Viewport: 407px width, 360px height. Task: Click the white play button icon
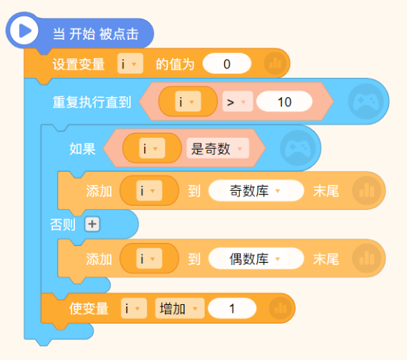(24, 31)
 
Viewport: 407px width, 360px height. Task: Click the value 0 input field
(227, 64)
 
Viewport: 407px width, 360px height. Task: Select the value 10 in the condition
(284, 101)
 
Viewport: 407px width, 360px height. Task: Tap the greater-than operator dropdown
(238, 101)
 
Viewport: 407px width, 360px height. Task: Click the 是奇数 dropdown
(218, 149)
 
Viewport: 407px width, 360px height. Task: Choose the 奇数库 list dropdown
(256, 191)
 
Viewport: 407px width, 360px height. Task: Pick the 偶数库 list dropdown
(256, 259)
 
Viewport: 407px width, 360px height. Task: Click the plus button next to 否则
(92, 224)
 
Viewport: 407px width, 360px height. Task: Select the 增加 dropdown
(180, 309)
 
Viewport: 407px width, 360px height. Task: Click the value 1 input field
(232, 309)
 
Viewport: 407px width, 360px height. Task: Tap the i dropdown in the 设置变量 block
(130, 64)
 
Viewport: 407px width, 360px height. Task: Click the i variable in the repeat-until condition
(188, 101)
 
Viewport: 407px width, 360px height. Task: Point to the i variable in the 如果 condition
(152, 149)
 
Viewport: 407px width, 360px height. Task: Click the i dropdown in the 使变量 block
(134, 309)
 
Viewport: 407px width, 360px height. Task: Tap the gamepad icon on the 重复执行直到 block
(366, 101)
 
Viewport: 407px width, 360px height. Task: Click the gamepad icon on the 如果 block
(298, 148)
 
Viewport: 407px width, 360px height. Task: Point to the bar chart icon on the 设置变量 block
(275, 64)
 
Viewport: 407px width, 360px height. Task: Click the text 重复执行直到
(92, 102)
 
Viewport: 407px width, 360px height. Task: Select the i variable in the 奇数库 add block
(149, 191)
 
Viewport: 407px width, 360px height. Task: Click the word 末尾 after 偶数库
(326, 259)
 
